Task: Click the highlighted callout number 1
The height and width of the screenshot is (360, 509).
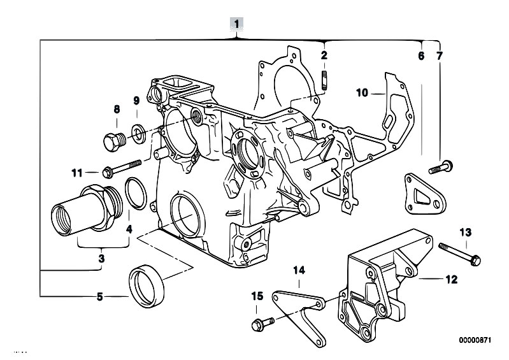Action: [x=236, y=24]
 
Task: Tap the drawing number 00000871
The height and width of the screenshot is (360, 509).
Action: [x=475, y=340]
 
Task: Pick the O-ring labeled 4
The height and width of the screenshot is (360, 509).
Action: [x=136, y=194]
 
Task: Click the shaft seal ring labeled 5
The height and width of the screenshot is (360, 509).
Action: [x=147, y=286]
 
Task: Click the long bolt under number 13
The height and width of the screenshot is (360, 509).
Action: [x=459, y=254]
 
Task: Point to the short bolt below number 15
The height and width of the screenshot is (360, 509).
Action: [x=263, y=324]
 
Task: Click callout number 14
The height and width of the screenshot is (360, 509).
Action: [x=299, y=270]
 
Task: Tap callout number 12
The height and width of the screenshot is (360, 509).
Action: [x=451, y=279]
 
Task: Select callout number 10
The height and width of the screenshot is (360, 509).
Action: [x=362, y=93]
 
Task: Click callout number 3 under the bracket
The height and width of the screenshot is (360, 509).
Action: [x=101, y=259]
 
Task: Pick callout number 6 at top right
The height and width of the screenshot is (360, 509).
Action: [x=421, y=56]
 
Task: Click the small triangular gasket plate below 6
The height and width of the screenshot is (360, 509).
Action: [x=426, y=194]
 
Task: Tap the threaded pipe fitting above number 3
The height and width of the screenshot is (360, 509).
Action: [x=87, y=210]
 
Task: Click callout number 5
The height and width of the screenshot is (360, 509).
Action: [x=99, y=297]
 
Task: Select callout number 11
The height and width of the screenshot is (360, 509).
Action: [x=77, y=173]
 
